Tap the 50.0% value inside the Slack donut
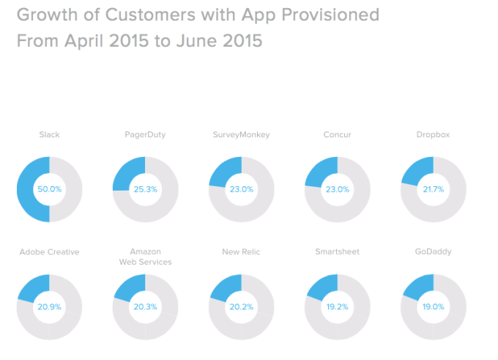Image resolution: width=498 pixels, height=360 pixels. [49, 189]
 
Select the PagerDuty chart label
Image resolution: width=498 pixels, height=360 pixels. [144, 135]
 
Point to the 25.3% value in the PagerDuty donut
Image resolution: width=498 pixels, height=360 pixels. [145, 189]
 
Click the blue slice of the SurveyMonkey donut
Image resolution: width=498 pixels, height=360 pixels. [226, 172]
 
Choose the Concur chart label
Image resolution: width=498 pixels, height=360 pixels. [337, 135]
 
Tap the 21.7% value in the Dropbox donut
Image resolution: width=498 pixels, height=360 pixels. [433, 189]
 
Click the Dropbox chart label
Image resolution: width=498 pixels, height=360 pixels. [433, 135]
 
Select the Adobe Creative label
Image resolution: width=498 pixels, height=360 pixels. [49, 252]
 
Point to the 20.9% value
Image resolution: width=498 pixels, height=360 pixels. [49, 306]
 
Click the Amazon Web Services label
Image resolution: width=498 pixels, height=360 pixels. [145, 257]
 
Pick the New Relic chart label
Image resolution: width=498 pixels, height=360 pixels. [241, 252]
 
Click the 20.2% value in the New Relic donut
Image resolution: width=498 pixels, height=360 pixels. [241, 306]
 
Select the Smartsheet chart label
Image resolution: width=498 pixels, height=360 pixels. [337, 252]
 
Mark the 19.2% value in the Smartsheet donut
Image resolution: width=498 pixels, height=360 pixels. [337, 306]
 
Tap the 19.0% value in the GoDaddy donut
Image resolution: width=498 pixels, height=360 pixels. [433, 306]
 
